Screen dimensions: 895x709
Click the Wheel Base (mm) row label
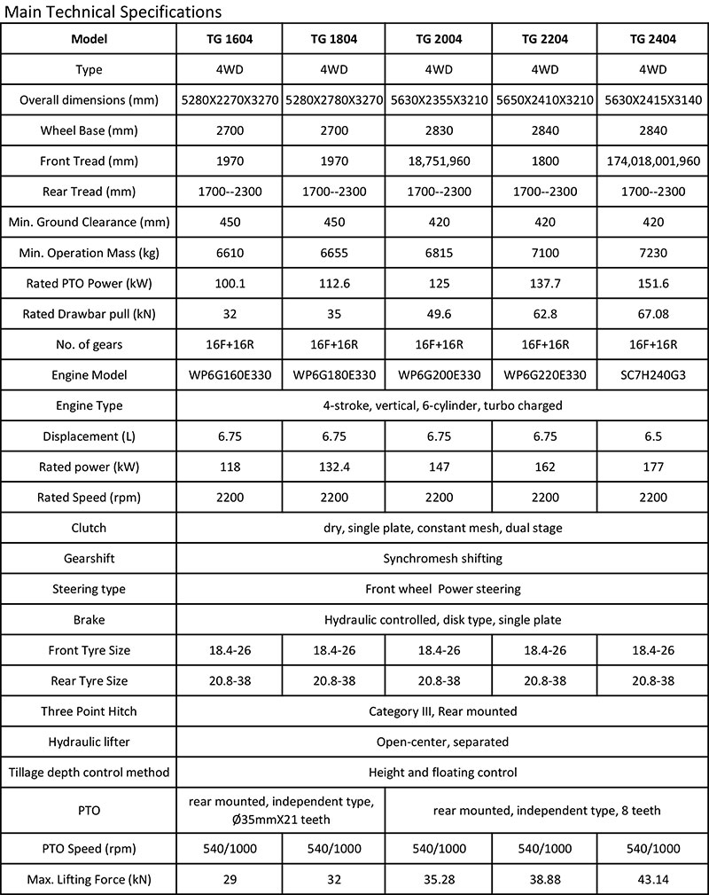point(89,130)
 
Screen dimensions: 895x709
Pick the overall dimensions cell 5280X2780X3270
point(334,100)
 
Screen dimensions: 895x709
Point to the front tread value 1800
point(545,161)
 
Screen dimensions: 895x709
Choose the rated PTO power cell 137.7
point(545,283)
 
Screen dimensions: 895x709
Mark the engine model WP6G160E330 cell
point(230,375)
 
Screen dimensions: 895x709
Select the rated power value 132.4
point(334,467)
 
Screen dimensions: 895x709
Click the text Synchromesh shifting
point(442,559)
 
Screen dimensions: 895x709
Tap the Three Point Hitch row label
point(89,711)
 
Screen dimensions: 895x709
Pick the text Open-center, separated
point(442,742)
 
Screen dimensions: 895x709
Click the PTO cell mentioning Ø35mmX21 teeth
point(282,810)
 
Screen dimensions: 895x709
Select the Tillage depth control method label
point(89,773)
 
